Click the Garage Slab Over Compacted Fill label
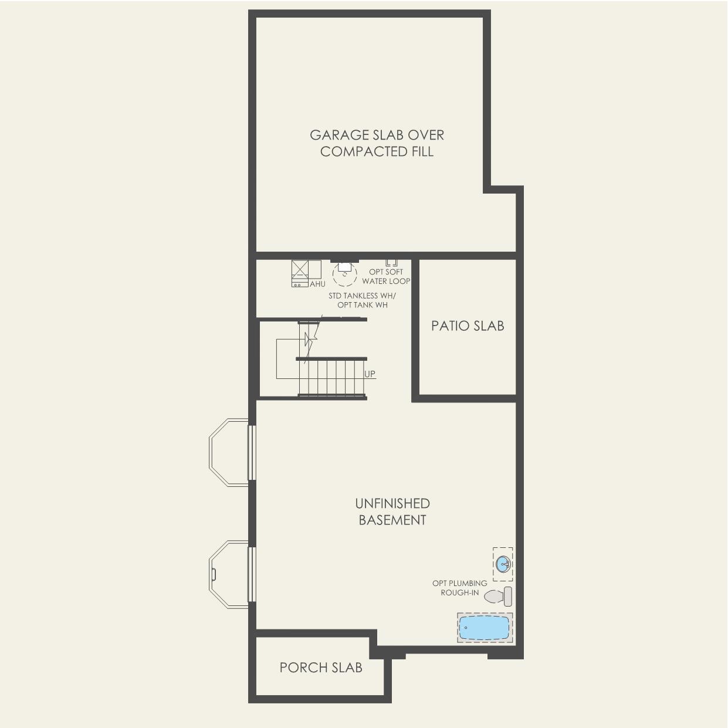tap(377, 143)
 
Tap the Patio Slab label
tap(468, 326)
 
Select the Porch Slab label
tap(321, 668)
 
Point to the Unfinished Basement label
tap(392, 512)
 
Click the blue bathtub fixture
tap(485, 628)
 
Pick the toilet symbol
tap(498, 597)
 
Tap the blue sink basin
tap(503, 565)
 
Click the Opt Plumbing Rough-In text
tap(460, 588)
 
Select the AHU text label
tap(317, 284)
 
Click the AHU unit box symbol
tap(306, 273)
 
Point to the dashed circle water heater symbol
tap(345, 274)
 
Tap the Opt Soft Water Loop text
tap(386, 277)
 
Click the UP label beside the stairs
tap(370, 374)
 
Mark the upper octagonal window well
tap(229, 452)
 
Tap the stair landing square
tap(288, 358)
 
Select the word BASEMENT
tap(392, 520)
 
